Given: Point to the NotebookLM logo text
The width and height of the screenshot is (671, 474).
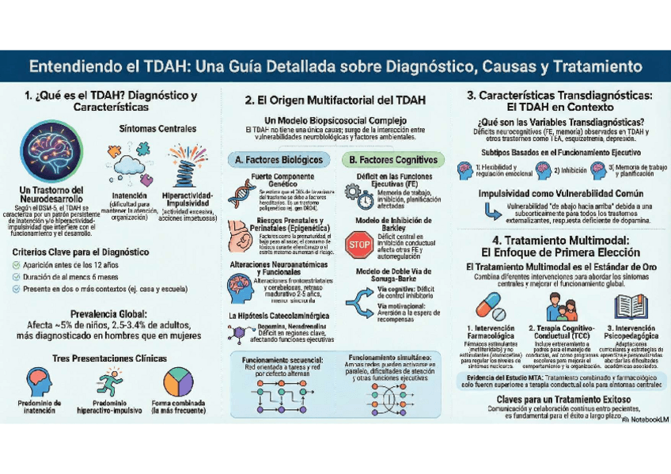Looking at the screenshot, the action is coord(641,420).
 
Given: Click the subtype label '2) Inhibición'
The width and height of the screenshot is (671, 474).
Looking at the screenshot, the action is coord(569,169).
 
